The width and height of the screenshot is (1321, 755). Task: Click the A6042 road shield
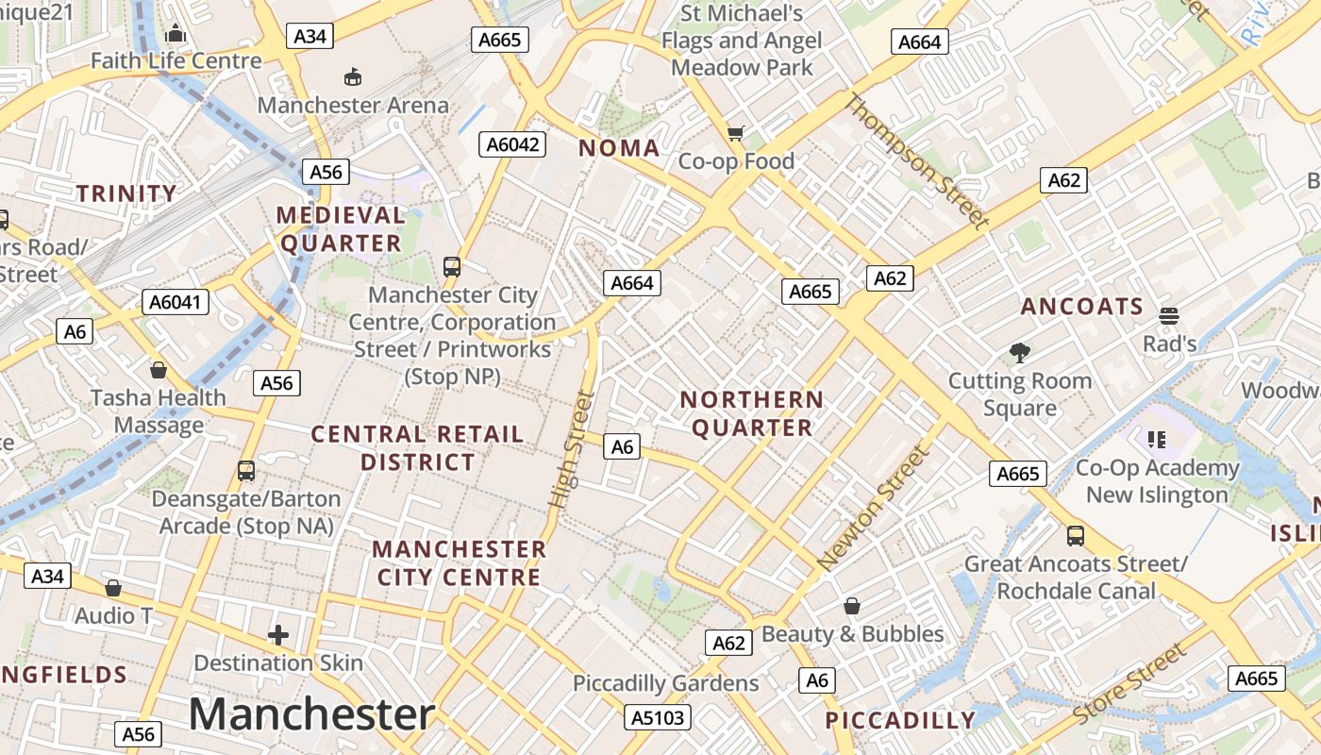click(514, 144)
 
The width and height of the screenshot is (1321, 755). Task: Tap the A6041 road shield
click(176, 302)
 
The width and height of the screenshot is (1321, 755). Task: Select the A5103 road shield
click(658, 717)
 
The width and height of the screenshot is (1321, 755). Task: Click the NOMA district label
click(619, 148)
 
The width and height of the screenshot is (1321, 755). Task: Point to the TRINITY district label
click(126, 194)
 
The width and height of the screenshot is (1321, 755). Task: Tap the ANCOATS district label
click(1081, 307)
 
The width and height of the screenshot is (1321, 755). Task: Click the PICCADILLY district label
click(900, 721)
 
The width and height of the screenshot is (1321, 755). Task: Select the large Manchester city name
click(311, 714)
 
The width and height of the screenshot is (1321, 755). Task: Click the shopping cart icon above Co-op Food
click(736, 133)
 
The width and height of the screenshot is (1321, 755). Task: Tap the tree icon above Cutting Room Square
click(1019, 353)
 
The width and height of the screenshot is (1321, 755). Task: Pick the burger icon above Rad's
click(1169, 315)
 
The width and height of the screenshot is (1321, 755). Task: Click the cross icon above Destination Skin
click(278, 635)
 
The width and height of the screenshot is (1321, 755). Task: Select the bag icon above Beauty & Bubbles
click(852, 606)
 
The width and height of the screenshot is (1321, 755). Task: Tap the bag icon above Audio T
click(113, 588)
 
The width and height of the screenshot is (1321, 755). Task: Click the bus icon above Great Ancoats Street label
click(1075, 536)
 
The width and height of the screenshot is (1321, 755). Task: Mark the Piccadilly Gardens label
click(665, 683)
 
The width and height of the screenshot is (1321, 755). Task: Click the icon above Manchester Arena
click(353, 76)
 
